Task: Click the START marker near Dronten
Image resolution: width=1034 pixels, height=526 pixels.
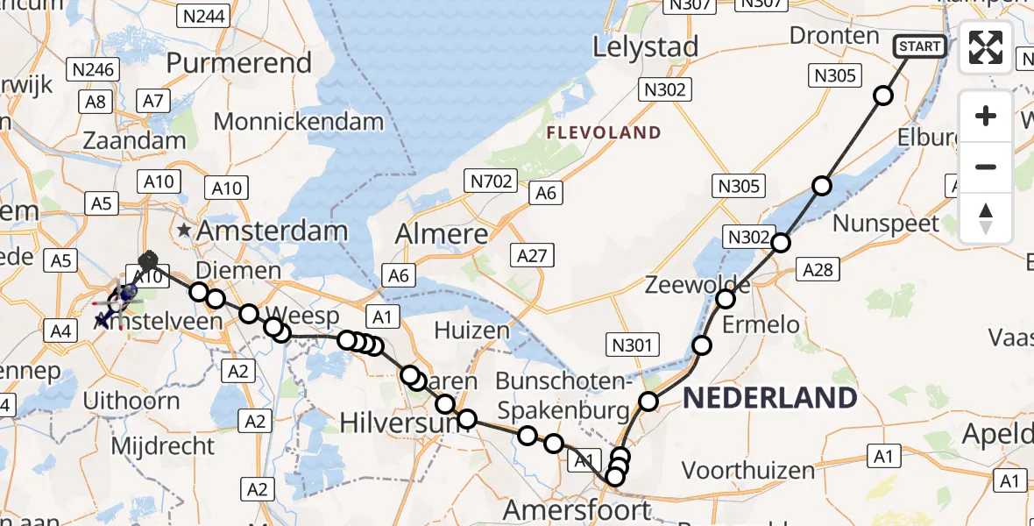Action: [919, 46]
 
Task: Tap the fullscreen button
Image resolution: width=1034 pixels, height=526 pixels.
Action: [986, 47]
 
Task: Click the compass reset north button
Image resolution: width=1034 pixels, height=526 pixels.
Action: [986, 218]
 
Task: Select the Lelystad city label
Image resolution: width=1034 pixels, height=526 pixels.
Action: [646, 46]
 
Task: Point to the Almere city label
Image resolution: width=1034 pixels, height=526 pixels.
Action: [442, 233]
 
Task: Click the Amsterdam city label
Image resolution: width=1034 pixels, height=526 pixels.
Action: [273, 231]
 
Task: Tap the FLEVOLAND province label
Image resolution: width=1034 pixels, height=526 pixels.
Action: [604, 132]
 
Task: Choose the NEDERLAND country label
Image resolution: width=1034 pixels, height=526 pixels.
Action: [770, 398]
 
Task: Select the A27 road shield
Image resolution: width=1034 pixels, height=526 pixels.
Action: [531, 256]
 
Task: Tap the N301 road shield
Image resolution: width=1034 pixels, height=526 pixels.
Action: [632, 345]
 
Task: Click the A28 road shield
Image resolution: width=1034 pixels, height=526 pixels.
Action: [818, 271]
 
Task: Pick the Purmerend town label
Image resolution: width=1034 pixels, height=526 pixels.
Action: [238, 63]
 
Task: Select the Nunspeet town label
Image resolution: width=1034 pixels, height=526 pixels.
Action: [885, 223]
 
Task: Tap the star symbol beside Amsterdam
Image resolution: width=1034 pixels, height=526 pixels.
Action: [185, 231]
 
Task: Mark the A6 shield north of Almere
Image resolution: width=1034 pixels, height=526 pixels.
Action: [545, 193]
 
